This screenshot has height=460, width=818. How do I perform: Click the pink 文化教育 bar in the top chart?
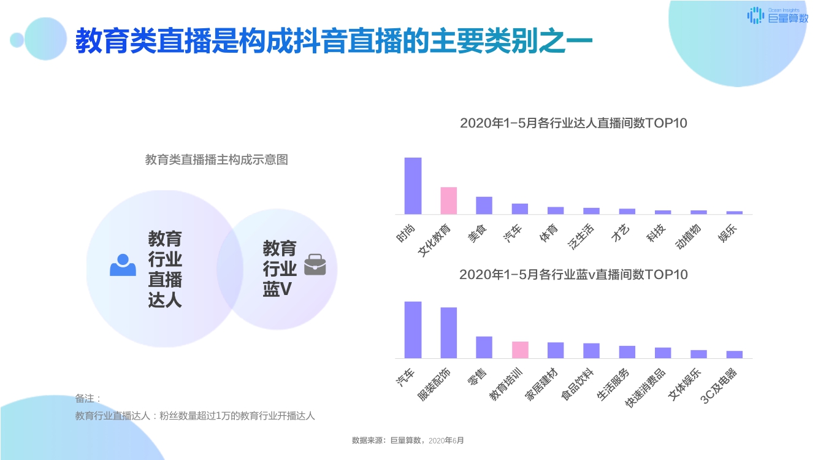pyautogui.click(x=448, y=201)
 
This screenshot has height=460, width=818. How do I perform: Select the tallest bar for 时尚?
pyautogui.click(x=413, y=186)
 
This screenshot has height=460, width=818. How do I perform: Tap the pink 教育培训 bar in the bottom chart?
pyautogui.click(x=520, y=350)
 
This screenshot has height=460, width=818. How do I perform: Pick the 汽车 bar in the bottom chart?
pyautogui.click(x=413, y=329)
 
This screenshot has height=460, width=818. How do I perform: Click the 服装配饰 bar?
pyautogui.click(x=449, y=332)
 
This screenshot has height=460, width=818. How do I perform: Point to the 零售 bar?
pyautogui.click(x=484, y=347)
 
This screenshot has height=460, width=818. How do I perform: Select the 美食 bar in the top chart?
pyautogui.click(x=484, y=205)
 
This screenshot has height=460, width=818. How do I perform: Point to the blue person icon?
pyautogui.click(x=123, y=265)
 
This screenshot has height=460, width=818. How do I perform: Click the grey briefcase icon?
pyautogui.click(x=315, y=264)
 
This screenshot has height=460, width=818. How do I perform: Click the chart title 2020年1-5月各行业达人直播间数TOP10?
pyautogui.click(x=573, y=123)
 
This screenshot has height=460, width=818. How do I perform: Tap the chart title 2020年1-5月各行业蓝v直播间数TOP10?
pyautogui.click(x=573, y=275)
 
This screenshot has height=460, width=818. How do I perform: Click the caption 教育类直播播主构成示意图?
pyautogui.click(x=216, y=160)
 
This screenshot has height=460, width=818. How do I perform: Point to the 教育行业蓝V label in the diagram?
pyautogui.click(x=280, y=269)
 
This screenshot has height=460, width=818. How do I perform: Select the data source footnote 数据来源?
pyautogui.click(x=408, y=440)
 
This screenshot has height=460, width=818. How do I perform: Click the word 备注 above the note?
pyautogui.click(x=87, y=399)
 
